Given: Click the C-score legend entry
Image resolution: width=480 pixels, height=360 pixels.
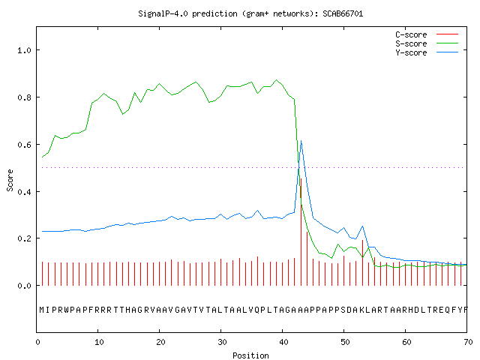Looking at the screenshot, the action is pyautogui.click(x=427, y=34).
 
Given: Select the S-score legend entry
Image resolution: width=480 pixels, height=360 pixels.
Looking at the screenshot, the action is pyautogui.click(x=427, y=43).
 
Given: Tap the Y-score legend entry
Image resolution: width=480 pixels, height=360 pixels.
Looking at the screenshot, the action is pyautogui.click(x=427, y=52).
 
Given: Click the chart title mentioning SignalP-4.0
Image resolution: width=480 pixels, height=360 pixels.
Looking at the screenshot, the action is pyautogui.click(x=250, y=13).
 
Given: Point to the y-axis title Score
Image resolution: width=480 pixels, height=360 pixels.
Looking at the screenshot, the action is pyautogui.click(x=10, y=180).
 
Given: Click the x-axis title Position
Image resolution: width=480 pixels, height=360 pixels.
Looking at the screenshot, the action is pyautogui.click(x=250, y=355).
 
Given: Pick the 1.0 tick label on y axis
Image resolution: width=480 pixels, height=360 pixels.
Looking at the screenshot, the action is pyautogui.click(x=24, y=50).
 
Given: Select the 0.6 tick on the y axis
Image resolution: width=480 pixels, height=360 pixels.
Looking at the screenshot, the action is pyautogui.click(x=24, y=145).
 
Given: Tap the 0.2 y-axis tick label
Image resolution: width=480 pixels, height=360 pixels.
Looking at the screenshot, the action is pyautogui.click(x=24, y=238).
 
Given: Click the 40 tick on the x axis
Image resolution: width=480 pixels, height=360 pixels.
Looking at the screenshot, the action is pyautogui.click(x=283, y=342).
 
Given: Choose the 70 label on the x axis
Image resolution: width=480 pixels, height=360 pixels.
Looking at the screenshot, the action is pyautogui.click(x=468, y=342).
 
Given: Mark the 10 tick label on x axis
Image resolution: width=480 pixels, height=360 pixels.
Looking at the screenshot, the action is pyautogui.click(x=99, y=342).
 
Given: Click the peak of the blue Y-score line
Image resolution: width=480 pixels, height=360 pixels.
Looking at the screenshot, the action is pyautogui.click(x=301, y=140).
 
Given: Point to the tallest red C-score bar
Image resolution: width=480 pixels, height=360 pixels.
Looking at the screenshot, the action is pyautogui.click(x=301, y=232).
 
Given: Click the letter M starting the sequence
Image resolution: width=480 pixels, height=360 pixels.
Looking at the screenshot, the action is pyautogui.click(x=42, y=310).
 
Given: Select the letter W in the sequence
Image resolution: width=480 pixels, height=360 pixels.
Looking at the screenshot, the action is pyautogui.click(x=67, y=310).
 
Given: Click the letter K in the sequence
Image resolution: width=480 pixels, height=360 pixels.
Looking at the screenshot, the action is pyautogui.click(x=361, y=310).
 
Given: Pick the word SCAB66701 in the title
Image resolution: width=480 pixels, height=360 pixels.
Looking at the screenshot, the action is pyautogui.click(x=343, y=13).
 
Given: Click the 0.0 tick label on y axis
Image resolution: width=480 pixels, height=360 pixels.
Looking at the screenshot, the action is pyautogui.click(x=24, y=286).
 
